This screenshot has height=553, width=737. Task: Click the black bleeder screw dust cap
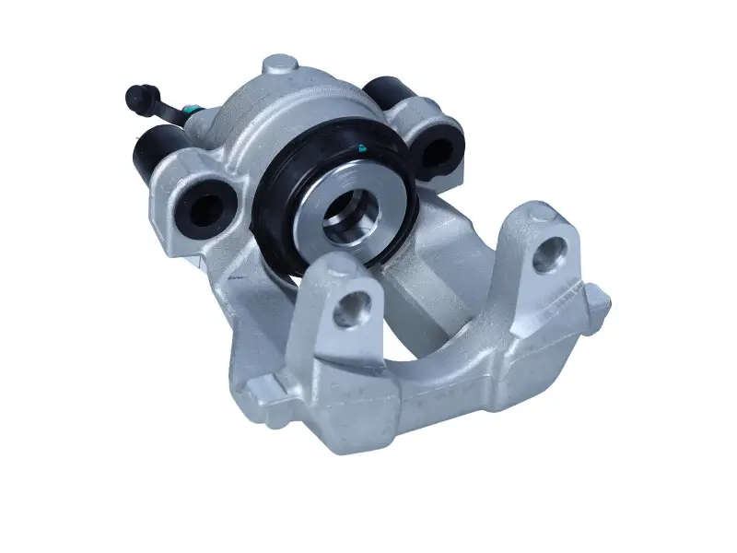137,95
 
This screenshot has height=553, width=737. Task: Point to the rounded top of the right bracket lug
544,218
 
